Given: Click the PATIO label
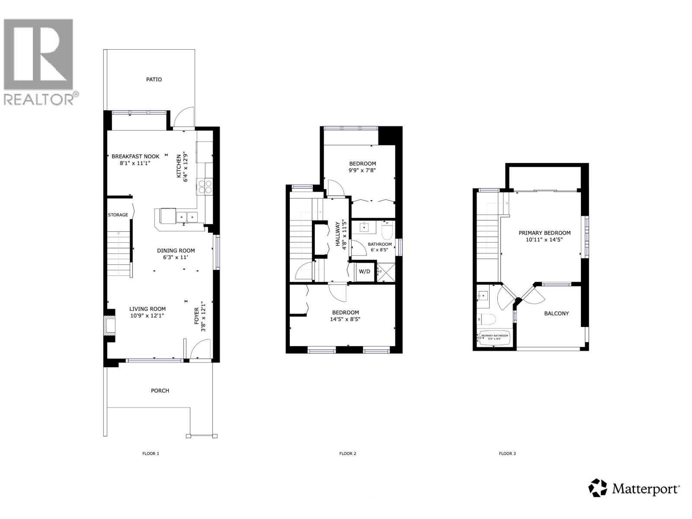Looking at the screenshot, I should [154, 80].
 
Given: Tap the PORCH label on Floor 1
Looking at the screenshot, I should [160, 391].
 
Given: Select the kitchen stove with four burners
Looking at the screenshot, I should [205, 186].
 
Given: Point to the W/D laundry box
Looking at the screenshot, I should [365, 272].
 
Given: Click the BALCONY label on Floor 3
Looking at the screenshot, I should [556, 313].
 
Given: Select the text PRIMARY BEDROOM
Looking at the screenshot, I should [545, 233].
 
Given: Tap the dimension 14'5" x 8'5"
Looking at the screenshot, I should [346, 320].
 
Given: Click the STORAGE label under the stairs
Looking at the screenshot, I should [118, 215].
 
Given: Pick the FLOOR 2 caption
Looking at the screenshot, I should [348, 454].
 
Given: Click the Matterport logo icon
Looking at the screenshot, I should [598, 487].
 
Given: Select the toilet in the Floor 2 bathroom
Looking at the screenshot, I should [387, 231].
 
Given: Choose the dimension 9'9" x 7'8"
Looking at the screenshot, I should [362, 170].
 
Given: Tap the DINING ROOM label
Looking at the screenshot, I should [176, 250].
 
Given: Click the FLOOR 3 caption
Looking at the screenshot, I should [507, 454].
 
